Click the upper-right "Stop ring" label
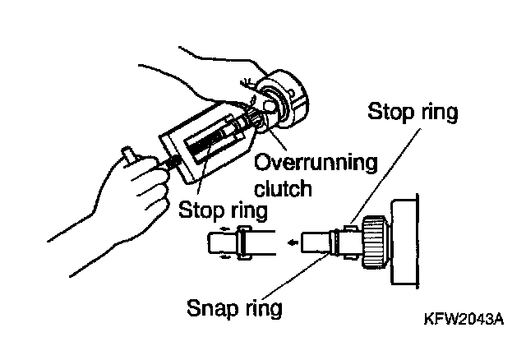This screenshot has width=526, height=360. pyautogui.click(x=413, y=111)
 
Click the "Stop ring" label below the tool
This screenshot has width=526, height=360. pyautogui.click(x=223, y=210)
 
